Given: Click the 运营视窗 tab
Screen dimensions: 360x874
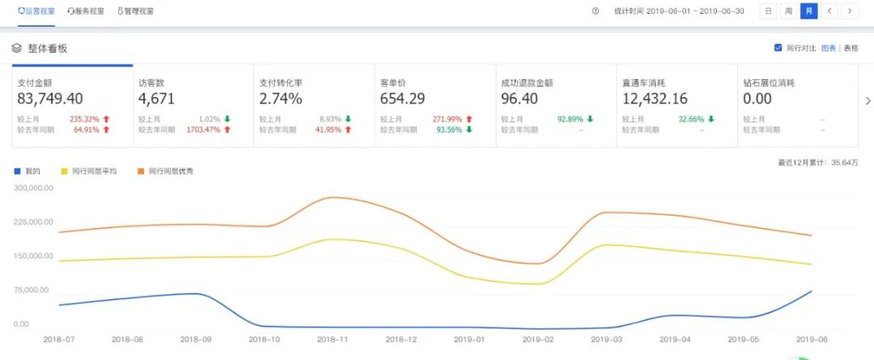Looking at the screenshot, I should click(x=37, y=11).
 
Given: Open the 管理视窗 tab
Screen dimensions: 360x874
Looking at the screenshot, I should click(x=135, y=11).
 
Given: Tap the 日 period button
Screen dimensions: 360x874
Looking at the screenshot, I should click(x=768, y=11).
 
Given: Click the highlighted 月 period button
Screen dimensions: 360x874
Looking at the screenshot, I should click(x=808, y=11).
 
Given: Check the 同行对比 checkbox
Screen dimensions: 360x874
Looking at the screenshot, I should click(x=779, y=48).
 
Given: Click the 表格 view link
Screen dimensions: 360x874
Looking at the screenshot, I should click(x=851, y=48).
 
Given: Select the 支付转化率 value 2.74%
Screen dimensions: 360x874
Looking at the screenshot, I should click(x=281, y=99).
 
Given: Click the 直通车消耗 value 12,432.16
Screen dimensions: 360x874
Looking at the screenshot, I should click(x=655, y=99).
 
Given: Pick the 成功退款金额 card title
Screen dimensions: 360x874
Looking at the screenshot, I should click(x=527, y=83).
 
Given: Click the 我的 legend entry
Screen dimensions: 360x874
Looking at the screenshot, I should click(x=28, y=171).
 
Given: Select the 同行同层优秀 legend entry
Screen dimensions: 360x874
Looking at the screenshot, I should click(x=165, y=171).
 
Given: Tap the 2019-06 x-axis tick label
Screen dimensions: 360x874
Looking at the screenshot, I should click(x=812, y=340).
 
